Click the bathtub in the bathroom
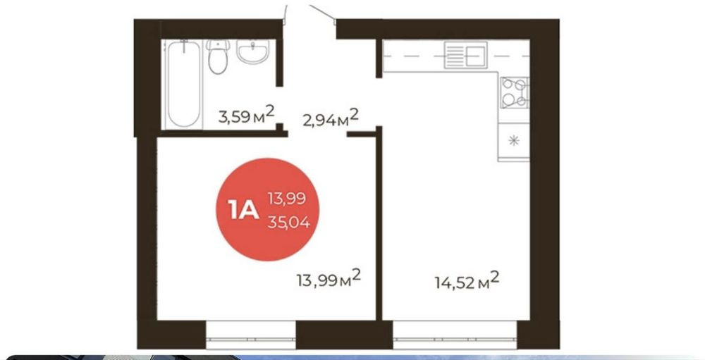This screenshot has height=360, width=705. click(183, 84)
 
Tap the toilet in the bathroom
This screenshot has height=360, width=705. click(218, 56)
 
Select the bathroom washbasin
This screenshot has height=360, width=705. click(253, 51)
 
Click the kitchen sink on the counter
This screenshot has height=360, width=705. click(466, 55)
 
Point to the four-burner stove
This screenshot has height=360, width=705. click(515, 92)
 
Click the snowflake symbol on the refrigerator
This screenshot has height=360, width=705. click(513, 141)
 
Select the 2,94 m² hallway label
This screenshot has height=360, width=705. click(331, 118)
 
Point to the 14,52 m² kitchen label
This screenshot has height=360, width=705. click(467, 281)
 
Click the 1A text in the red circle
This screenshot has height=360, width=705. click(243, 210)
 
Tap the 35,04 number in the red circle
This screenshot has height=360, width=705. click(288, 222)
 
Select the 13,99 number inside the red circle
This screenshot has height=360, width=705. click(287, 198)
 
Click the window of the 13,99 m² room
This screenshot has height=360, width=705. click(251, 335)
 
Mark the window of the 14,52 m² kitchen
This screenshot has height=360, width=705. click(455, 335)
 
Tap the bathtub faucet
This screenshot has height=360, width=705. click(184, 46)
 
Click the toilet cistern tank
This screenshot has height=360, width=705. click(218, 45)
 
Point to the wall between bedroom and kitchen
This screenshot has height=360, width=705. click(379, 224)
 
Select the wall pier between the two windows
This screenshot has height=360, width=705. click(345, 335)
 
